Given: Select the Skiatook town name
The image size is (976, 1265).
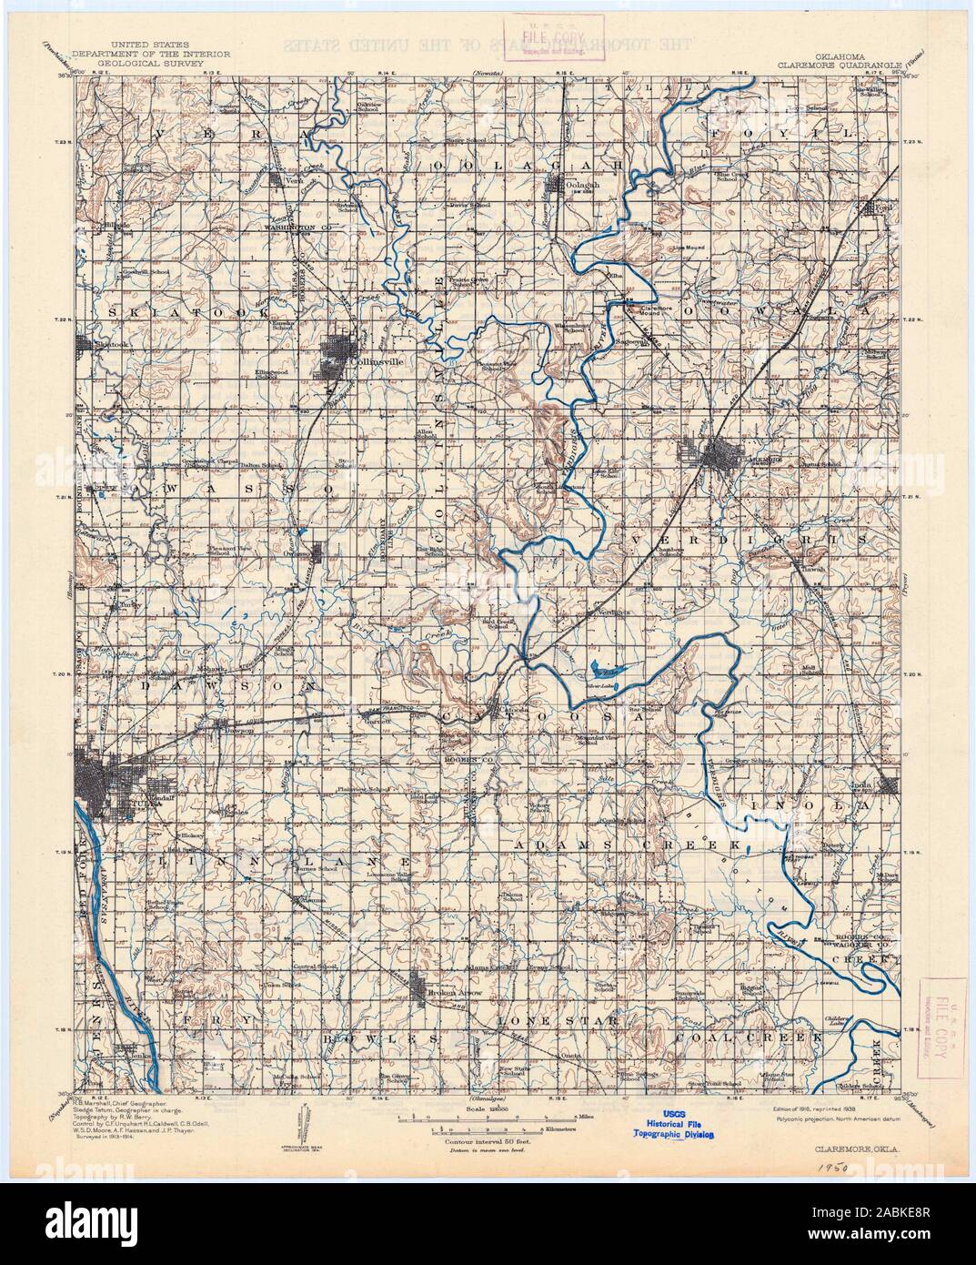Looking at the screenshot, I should pyautogui.click(x=108, y=345).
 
